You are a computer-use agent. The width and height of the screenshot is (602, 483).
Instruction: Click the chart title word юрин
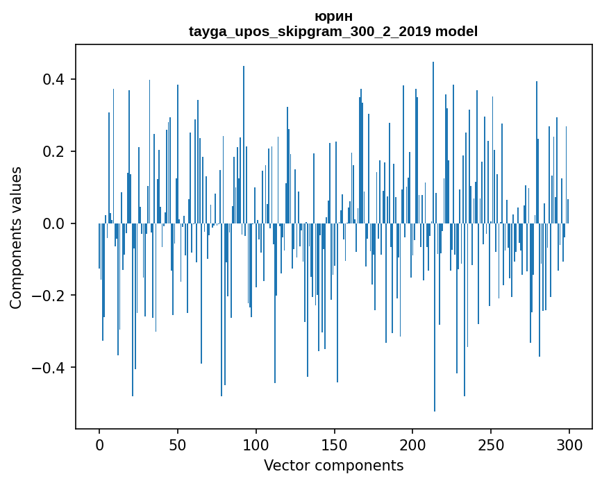coord(333,17)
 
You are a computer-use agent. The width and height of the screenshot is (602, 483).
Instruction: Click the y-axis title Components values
coord(16,237)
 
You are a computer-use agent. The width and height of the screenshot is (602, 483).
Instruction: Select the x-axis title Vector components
coord(333,465)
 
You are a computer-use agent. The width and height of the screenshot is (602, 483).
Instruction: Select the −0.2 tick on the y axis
coord(49,296)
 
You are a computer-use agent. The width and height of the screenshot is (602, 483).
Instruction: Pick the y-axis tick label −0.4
coord(49,368)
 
